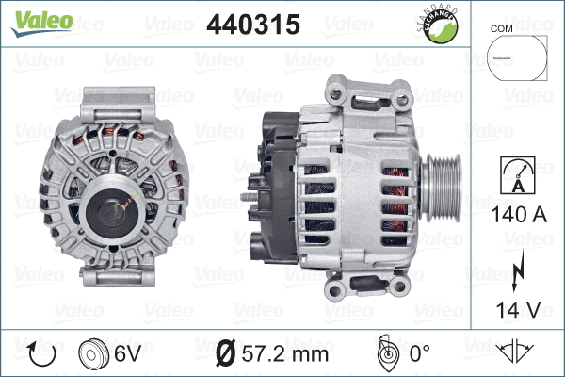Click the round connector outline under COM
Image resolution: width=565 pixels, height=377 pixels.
click(515, 58)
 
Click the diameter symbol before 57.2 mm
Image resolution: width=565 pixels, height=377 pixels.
click(225, 354)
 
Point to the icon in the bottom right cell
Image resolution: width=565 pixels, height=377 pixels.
click(515, 353)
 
